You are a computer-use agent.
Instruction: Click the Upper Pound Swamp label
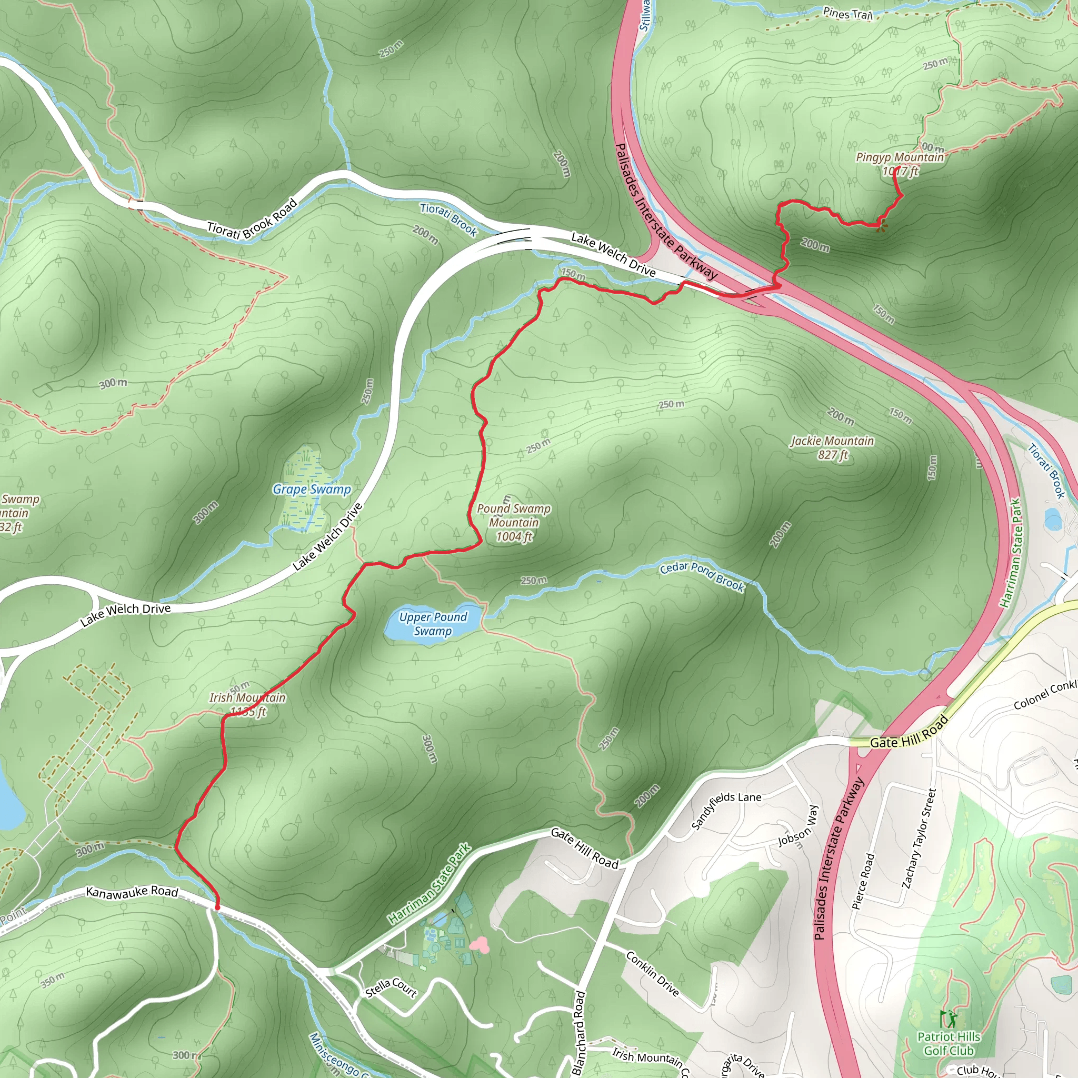coord(433,624)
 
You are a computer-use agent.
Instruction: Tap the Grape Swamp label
coord(312,490)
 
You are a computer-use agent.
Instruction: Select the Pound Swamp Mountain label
coord(514,523)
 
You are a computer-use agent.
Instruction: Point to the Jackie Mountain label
coord(833,448)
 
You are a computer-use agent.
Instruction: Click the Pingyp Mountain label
coord(900,164)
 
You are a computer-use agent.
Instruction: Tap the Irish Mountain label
coord(248,704)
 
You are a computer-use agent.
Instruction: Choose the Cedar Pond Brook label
coord(702,576)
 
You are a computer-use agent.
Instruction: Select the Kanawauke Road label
coord(132,892)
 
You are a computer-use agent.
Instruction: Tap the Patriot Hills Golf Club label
coord(949,1043)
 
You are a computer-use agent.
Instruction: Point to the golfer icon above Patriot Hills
coord(947,1019)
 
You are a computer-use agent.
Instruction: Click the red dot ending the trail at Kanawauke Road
coord(217,908)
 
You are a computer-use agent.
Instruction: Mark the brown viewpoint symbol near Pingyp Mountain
coord(882,225)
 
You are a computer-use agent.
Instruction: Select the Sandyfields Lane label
coord(726,810)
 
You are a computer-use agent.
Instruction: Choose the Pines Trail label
coord(847,13)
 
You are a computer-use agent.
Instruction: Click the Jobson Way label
coord(798,826)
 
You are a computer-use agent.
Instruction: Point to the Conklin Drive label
coord(652,974)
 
